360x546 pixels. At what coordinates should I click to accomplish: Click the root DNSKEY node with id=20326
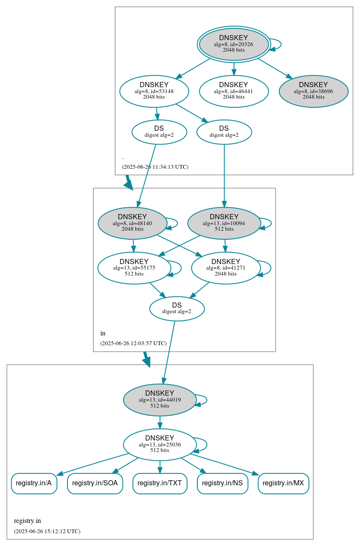click(234, 44)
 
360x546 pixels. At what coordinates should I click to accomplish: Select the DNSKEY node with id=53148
click(154, 91)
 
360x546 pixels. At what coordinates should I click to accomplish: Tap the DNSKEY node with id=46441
click(234, 91)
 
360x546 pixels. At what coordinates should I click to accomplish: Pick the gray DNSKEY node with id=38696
click(313, 91)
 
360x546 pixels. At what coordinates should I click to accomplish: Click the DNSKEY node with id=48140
click(132, 223)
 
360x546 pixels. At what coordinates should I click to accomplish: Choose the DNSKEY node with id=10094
click(224, 223)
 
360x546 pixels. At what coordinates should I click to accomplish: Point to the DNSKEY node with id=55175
click(134, 268)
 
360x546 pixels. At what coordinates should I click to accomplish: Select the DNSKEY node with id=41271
click(225, 268)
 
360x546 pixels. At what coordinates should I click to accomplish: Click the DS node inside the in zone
click(177, 308)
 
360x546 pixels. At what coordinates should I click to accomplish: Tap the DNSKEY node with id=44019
click(160, 400)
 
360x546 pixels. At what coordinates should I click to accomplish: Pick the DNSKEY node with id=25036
click(160, 445)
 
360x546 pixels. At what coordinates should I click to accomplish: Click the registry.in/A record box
click(34, 483)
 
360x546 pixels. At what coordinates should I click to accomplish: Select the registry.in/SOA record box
click(95, 483)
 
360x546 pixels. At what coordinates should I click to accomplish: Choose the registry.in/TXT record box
click(160, 483)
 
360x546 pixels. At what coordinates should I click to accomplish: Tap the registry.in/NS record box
click(222, 483)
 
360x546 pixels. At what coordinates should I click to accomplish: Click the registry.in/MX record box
click(284, 483)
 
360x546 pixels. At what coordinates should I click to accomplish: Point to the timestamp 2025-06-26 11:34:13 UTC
click(155, 167)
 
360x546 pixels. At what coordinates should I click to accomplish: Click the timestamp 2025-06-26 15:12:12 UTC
click(47, 531)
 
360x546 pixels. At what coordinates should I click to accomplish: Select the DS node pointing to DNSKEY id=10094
click(224, 132)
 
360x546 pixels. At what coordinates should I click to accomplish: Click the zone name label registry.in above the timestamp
click(27, 521)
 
